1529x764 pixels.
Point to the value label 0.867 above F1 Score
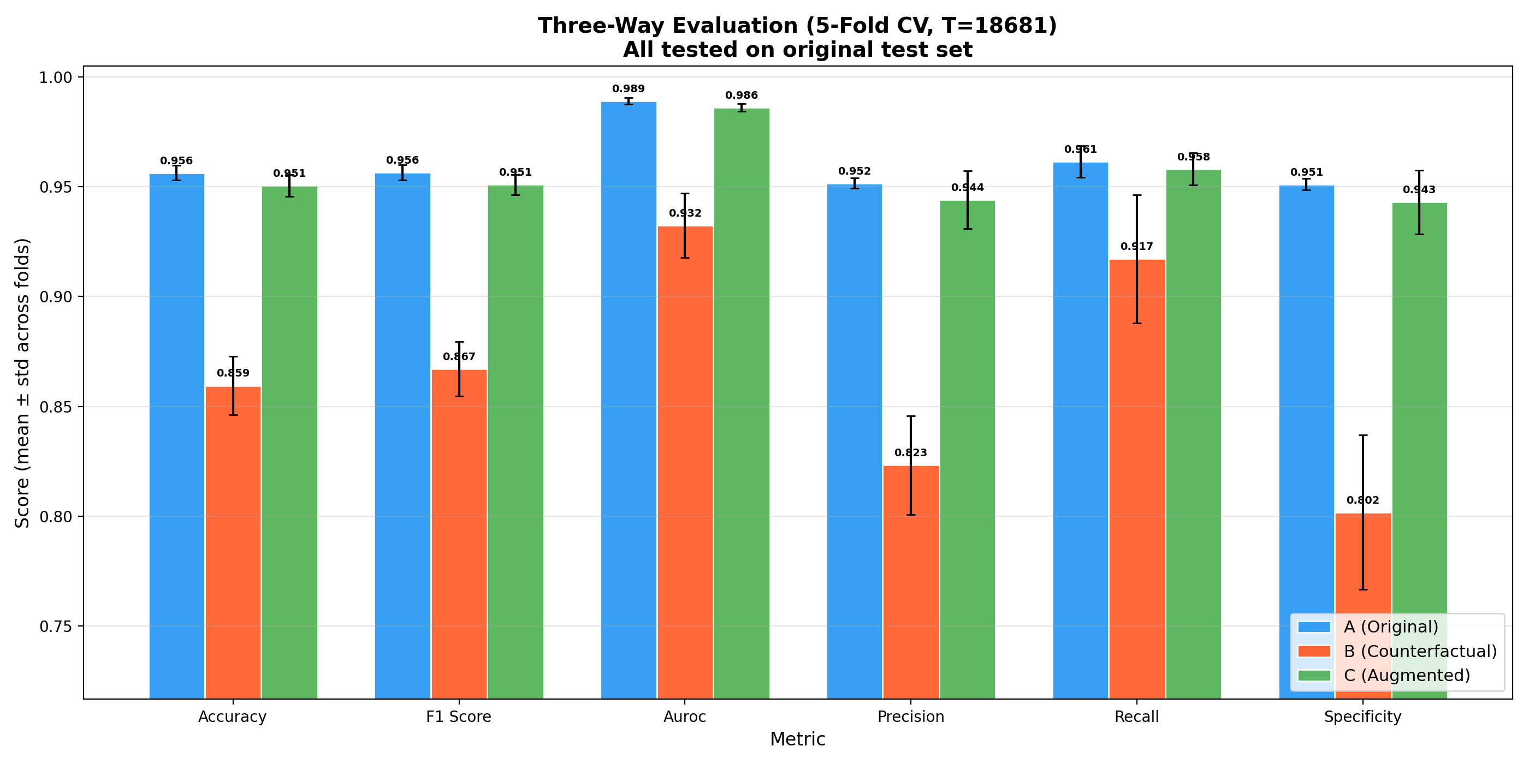click(x=459, y=356)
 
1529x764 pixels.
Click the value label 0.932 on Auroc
click(x=685, y=213)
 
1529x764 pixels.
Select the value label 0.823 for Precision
click(x=910, y=452)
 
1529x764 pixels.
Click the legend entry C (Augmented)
click(x=1407, y=675)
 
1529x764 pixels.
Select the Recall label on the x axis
click(x=1137, y=717)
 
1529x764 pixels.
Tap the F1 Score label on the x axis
click(x=459, y=717)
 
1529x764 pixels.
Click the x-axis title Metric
click(x=797, y=739)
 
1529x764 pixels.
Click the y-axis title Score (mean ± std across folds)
click(x=22, y=383)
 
